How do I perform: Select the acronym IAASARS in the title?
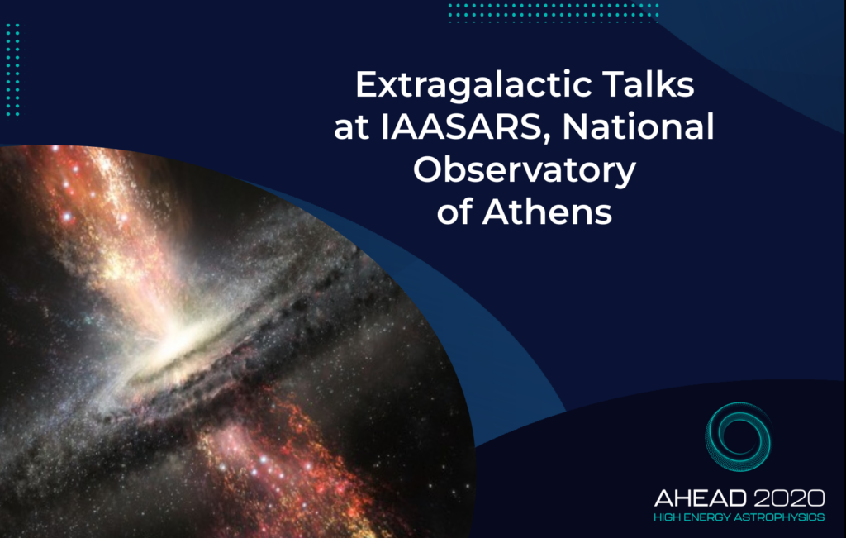click(x=460, y=127)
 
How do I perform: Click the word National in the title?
click(x=639, y=126)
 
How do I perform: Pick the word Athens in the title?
click(x=547, y=212)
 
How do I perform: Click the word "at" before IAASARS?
click(x=351, y=128)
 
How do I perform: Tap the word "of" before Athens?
click(x=454, y=212)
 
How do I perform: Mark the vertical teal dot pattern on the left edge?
click(x=13, y=69)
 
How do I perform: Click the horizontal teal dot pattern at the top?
click(x=554, y=13)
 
